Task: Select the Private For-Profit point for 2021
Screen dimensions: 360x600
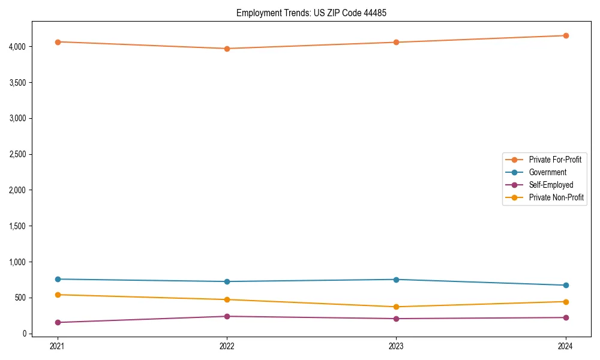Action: [58, 42]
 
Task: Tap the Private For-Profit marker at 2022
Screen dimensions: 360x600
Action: [227, 49]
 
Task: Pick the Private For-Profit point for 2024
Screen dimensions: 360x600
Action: [566, 35]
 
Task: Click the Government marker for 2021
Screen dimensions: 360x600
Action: [58, 279]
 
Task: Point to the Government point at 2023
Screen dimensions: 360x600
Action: [397, 280]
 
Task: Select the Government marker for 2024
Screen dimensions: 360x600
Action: [566, 285]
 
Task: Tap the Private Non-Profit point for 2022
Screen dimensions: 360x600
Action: [227, 299]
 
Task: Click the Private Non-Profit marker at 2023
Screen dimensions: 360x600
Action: [397, 307]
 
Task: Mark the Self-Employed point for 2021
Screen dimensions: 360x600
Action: [58, 322]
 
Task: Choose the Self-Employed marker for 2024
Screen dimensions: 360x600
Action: [566, 317]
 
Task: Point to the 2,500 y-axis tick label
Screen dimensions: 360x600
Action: [17, 154]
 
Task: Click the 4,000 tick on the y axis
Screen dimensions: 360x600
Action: [17, 46]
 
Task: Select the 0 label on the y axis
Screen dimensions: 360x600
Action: [24, 334]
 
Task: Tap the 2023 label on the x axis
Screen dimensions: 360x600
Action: [397, 346]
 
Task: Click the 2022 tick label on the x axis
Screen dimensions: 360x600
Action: [227, 346]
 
